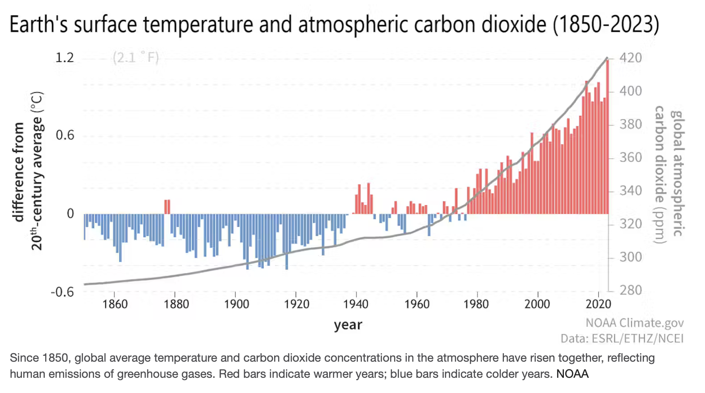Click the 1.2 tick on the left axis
pos(64,58)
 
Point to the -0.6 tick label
pos(62,292)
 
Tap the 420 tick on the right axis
pos(631,58)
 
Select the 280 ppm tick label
pos(631,290)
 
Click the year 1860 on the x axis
pos(115,304)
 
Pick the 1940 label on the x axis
pos(356,304)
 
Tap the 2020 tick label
pos(598,304)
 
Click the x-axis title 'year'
pos(348,325)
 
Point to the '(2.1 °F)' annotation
pos(136,58)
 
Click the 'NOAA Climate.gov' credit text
pos(634,323)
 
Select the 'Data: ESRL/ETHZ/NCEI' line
pos(622,338)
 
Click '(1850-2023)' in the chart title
pos(606,25)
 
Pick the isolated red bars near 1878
pos(167,206)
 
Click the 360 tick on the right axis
pos(631,158)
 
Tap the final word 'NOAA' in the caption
pos(572,374)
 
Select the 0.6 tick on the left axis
pos(64,136)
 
